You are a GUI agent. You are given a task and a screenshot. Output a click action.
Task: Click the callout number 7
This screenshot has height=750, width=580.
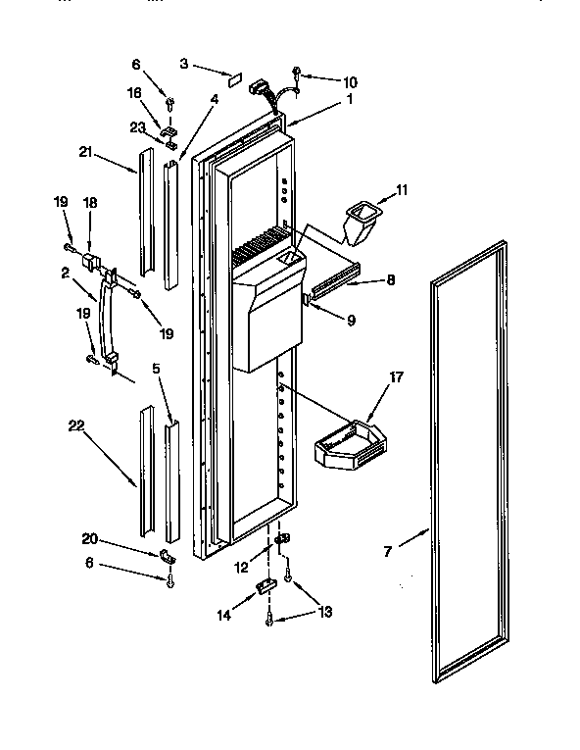point(387,552)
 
